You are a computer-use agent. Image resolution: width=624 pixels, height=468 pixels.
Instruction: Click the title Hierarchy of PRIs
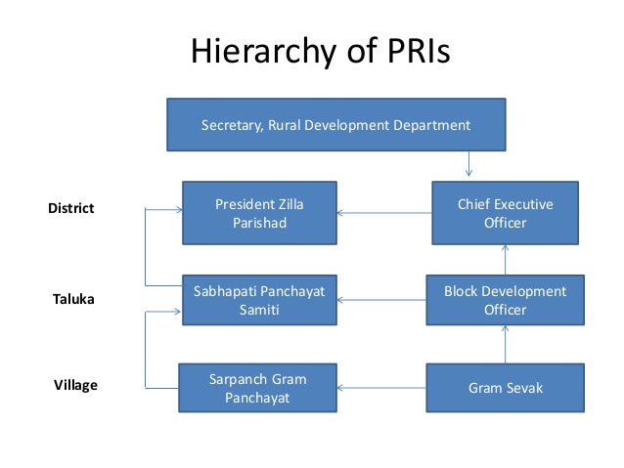[x=319, y=50]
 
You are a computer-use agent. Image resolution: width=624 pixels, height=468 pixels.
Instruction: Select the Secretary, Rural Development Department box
[x=335, y=125]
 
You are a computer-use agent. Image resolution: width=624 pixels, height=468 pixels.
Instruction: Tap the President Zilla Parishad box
[x=259, y=213]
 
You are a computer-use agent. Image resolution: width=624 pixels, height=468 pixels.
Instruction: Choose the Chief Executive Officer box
[x=505, y=213]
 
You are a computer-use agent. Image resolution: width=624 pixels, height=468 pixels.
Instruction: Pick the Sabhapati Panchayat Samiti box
[x=259, y=301]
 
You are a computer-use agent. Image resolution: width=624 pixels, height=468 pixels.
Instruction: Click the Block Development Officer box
[x=505, y=301]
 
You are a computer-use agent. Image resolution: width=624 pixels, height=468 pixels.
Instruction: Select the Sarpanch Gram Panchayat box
[x=258, y=388]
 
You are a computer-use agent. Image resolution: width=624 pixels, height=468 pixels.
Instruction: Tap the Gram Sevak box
[x=505, y=388]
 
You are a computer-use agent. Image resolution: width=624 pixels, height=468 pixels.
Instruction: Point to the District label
[x=71, y=208]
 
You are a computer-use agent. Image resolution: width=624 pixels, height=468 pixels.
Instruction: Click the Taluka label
[x=73, y=299]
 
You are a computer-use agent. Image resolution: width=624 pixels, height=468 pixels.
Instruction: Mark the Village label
[x=75, y=385]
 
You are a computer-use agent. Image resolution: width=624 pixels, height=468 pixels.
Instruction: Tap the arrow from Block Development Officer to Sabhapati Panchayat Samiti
[x=381, y=299]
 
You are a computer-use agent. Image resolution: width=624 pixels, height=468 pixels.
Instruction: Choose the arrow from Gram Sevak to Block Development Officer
[x=506, y=344]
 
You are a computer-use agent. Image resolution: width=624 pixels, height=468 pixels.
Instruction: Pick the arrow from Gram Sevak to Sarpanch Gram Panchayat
[x=381, y=388]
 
